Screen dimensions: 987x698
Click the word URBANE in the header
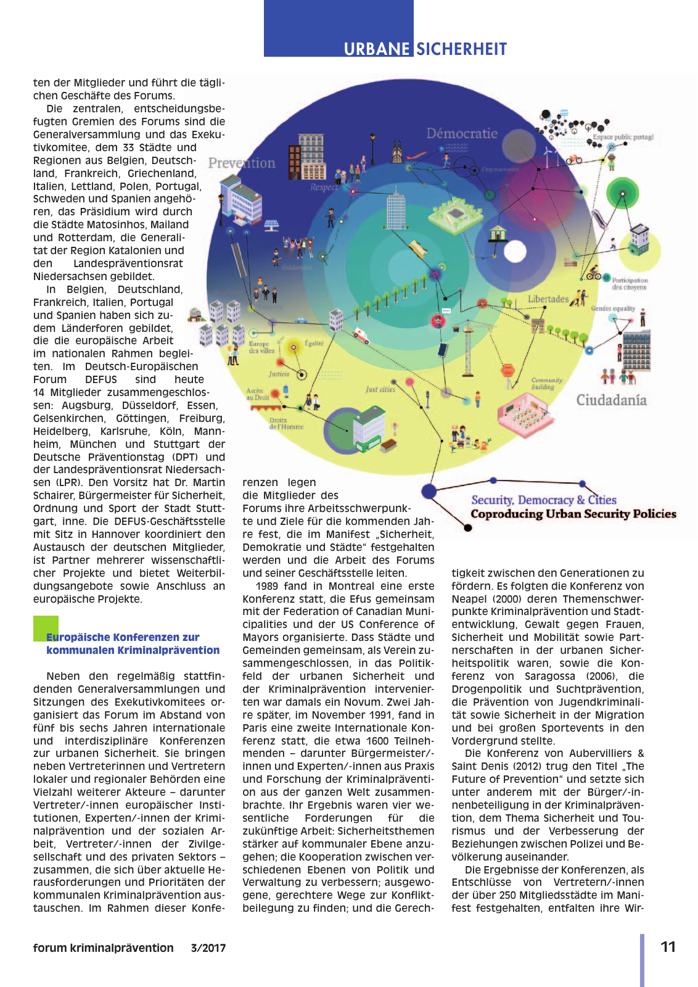pyautogui.click(x=376, y=49)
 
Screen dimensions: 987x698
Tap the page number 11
pyautogui.click(x=668, y=947)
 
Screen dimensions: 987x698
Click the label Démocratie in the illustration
pyautogui.click(x=462, y=133)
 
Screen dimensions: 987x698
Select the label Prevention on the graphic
pyautogui.click(x=242, y=163)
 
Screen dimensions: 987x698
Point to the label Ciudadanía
pyautogui.click(x=611, y=400)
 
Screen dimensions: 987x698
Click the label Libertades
pyautogui.click(x=548, y=299)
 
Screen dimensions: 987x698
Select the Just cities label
pyautogui.click(x=380, y=389)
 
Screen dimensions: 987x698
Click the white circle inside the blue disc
pyautogui.click(x=515, y=251)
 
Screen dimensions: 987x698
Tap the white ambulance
pyautogui.click(x=361, y=336)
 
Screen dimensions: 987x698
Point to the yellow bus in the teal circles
pyautogui.click(x=417, y=249)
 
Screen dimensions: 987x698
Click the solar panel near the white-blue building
pyautogui.click(x=271, y=224)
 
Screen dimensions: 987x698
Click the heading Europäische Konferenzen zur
pyautogui.click(x=123, y=637)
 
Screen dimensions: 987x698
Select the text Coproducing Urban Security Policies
pyautogui.click(x=573, y=514)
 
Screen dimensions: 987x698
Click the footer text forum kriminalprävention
pyautogui.click(x=103, y=948)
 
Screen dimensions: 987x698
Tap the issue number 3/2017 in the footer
pyautogui.click(x=208, y=948)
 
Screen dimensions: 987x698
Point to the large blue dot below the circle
pyautogui.click(x=429, y=491)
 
